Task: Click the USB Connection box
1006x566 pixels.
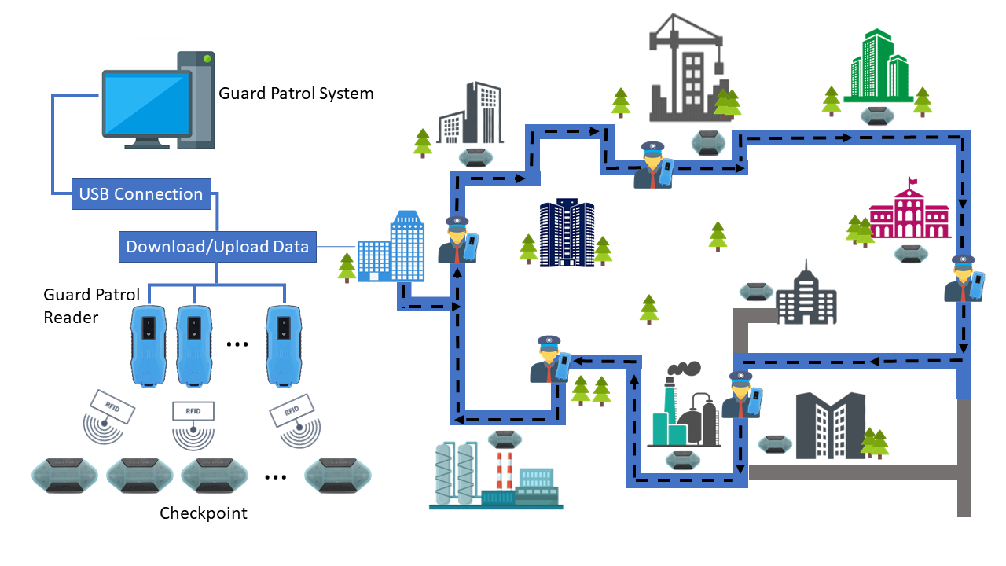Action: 141,194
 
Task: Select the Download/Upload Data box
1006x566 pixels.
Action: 218,247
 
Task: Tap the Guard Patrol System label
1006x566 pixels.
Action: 296,94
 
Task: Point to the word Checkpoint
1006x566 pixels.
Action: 204,513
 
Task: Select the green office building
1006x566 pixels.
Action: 876,67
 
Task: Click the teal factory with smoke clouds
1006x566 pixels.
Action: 683,409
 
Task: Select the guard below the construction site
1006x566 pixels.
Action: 655,166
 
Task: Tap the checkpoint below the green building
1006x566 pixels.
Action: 876,117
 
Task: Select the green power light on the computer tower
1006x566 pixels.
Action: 207,59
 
